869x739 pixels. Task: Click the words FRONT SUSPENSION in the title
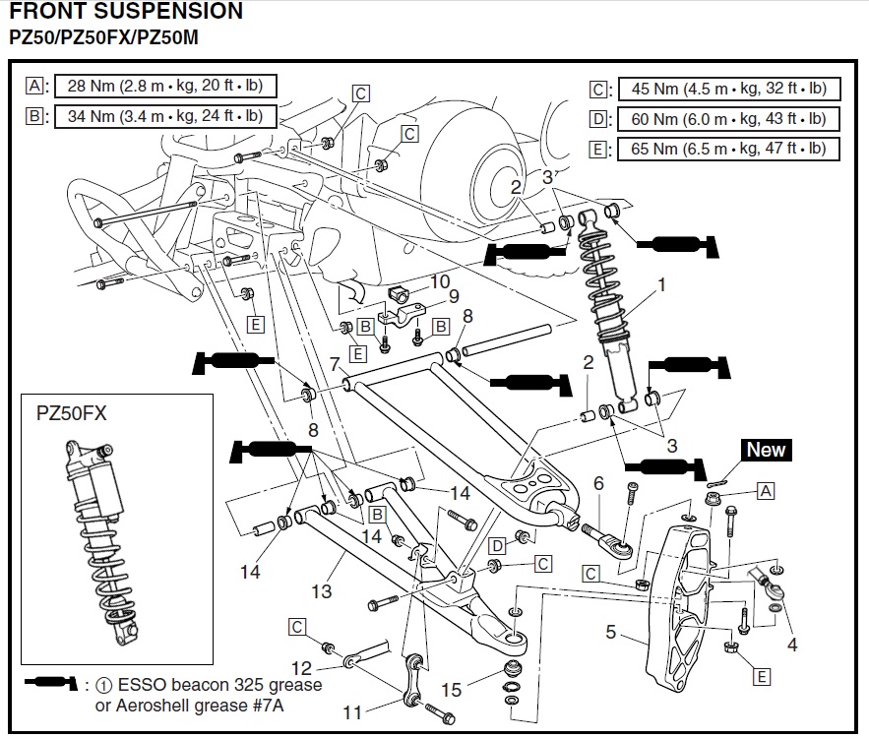point(126,13)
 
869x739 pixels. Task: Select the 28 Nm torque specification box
point(164,86)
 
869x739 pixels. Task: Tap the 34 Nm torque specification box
point(164,116)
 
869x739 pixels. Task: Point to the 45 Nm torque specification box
point(728,90)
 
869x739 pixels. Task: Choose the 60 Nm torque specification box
point(728,120)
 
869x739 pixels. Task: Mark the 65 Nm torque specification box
point(728,150)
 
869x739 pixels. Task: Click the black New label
point(766,451)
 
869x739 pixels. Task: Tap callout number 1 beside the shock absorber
point(661,286)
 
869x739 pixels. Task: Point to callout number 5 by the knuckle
point(611,632)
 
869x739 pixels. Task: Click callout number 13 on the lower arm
point(323,591)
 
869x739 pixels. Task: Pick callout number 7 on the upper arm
point(335,364)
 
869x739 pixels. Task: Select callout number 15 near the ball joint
point(451,691)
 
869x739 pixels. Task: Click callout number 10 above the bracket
point(439,281)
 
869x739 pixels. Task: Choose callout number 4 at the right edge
point(791,646)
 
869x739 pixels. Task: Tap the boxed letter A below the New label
point(766,489)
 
